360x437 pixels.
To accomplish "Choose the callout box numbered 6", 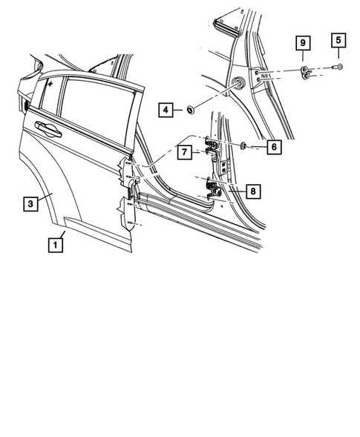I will click(x=273, y=148).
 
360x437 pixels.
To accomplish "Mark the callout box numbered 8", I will click(x=253, y=192).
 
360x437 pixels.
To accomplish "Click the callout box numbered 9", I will click(x=303, y=44).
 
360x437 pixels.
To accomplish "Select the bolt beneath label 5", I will click(x=339, y=68).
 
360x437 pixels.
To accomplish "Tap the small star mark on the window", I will click(x=49, y=85).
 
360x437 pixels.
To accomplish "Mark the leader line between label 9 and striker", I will click(x=303, y=58).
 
